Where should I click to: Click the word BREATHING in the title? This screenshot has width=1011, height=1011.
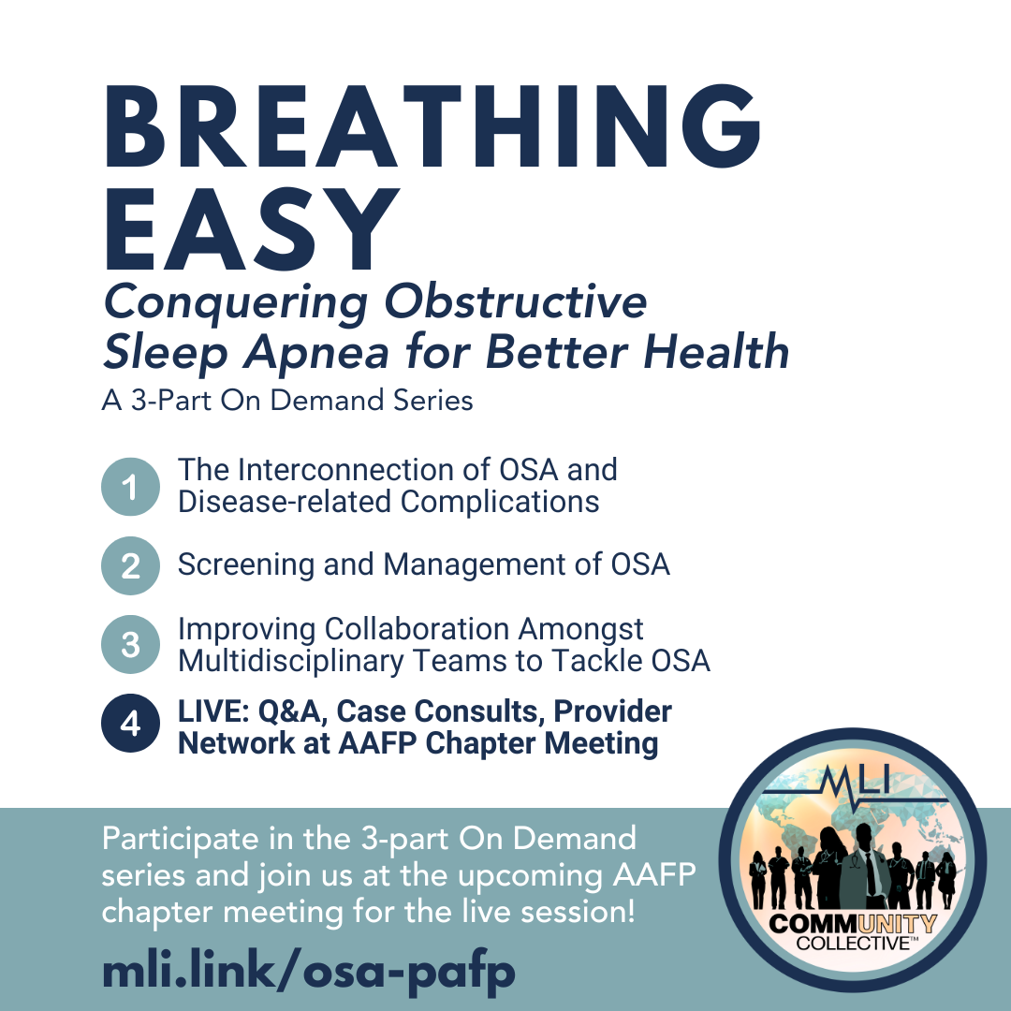432,126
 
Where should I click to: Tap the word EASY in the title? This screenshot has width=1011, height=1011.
252,228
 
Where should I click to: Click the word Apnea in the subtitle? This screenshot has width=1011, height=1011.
316,354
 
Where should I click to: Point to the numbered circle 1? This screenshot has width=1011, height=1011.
130,487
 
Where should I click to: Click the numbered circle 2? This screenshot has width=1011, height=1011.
130,565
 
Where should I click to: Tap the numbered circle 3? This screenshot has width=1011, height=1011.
130,645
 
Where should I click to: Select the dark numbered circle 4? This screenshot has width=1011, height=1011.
130,724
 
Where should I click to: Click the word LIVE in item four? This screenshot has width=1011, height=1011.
213,711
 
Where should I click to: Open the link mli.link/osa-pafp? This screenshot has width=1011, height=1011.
309,972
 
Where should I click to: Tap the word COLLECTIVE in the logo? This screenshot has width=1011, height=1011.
853,944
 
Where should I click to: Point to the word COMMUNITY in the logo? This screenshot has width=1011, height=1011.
853,924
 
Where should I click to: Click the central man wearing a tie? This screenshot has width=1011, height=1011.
865,867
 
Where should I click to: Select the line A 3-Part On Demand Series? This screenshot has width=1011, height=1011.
287,401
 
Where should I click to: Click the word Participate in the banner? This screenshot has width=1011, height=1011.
180,840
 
